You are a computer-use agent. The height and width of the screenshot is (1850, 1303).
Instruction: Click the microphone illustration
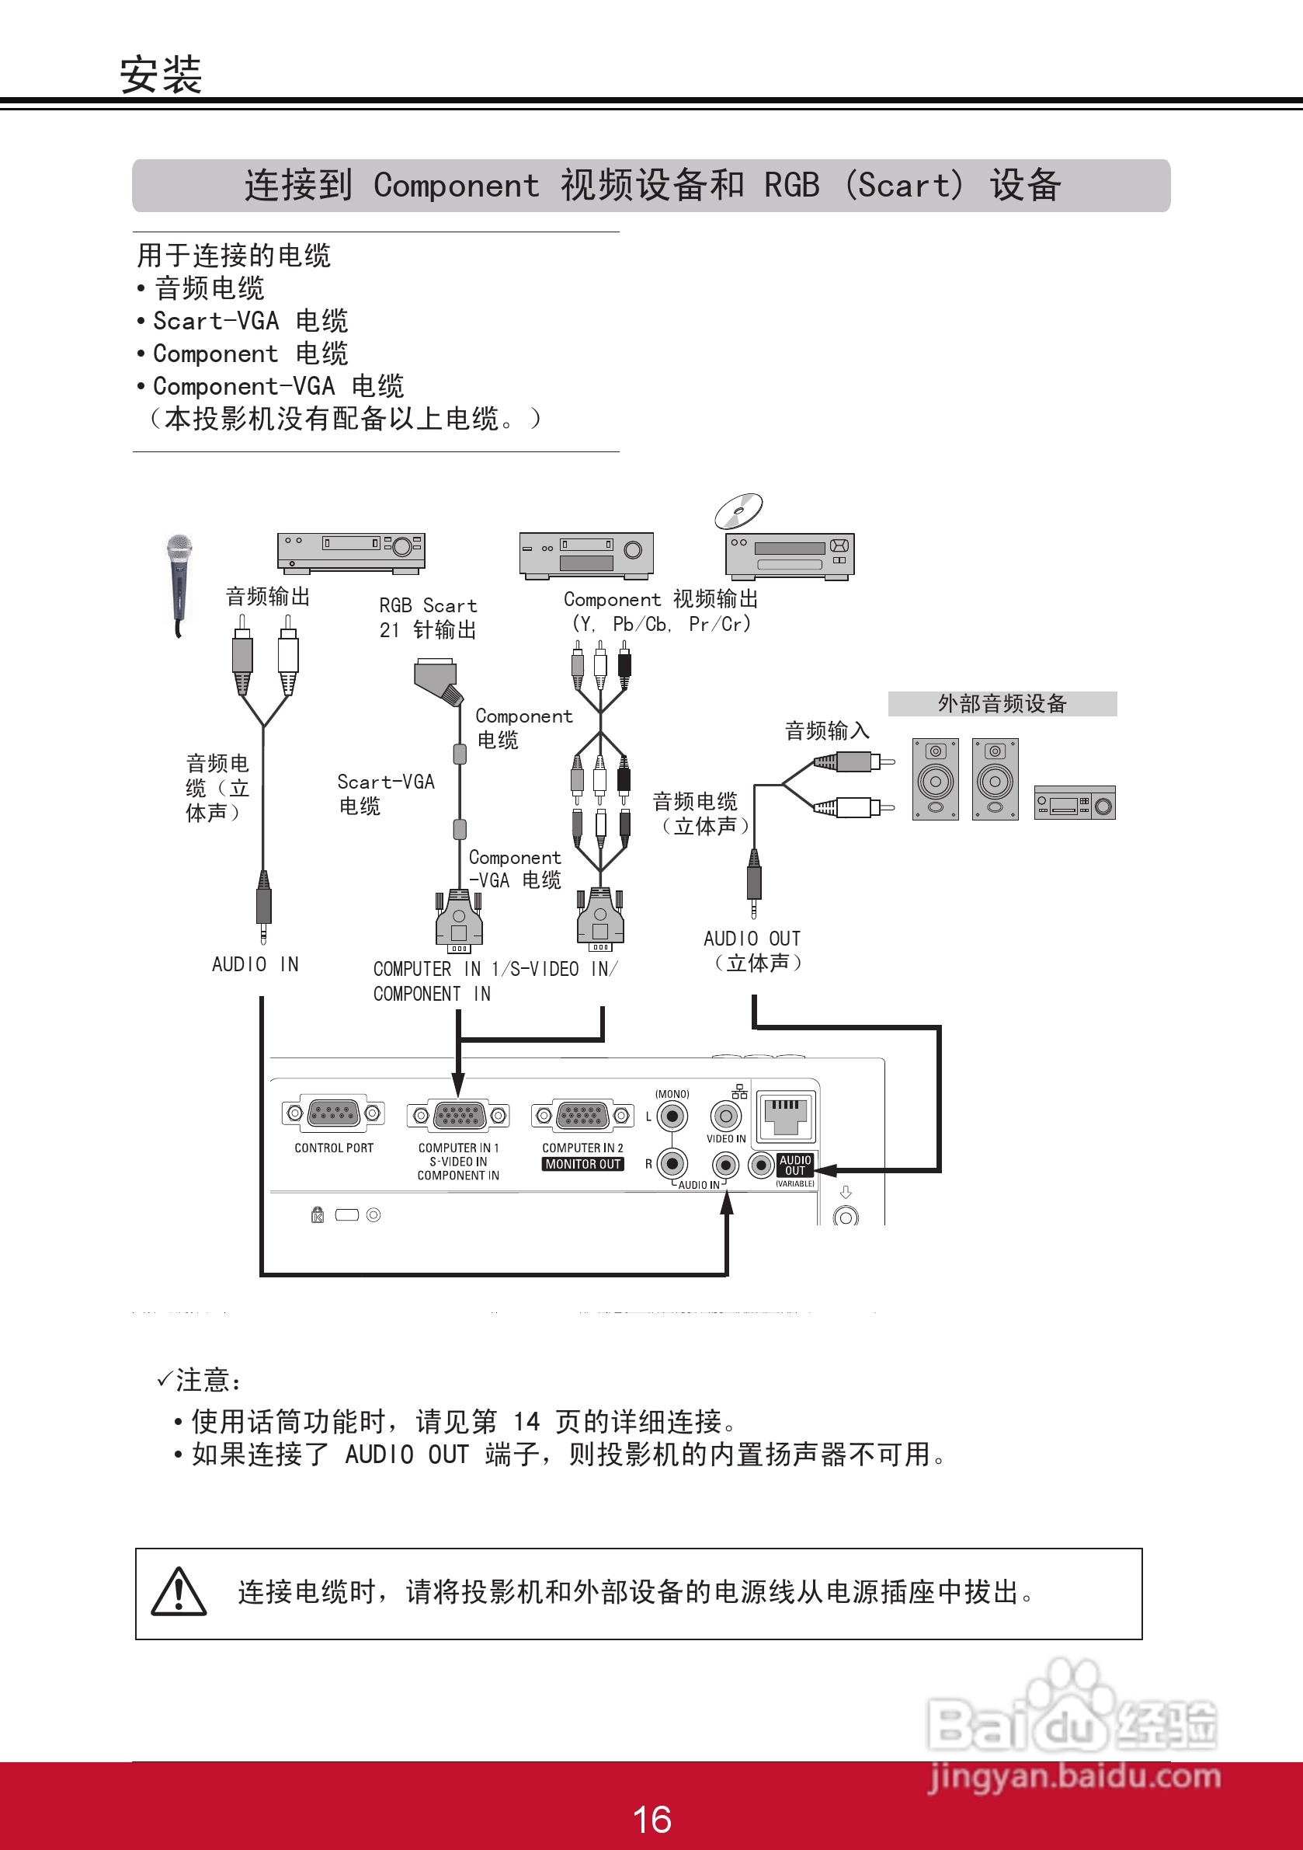tap(179, 580)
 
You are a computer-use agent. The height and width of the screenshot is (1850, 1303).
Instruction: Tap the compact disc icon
tap(739, 509)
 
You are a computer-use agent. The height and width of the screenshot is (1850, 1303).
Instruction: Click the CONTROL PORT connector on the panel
tap(333, 1113)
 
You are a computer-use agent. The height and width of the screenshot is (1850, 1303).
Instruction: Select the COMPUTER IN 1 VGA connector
tap(458, 1115)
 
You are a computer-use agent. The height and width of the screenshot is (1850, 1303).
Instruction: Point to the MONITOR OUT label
tap(583, 1164)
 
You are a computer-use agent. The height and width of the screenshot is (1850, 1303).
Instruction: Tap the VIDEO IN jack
tap(725, 1116)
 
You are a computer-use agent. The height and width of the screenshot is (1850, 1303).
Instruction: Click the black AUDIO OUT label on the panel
tap(795, 1165)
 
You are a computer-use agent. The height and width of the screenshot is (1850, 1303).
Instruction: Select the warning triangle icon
tap(179, 1592)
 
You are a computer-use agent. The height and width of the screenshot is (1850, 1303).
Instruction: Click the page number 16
tap(651, 1820)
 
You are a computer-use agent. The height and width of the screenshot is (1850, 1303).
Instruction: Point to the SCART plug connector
tap(437, 678)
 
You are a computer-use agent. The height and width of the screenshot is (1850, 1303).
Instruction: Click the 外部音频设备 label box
tap(1002, 703)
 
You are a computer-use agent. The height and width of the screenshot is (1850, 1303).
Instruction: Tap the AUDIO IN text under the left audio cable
tap(255, 964)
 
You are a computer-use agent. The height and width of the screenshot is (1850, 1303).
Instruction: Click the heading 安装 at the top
tap(160, 75)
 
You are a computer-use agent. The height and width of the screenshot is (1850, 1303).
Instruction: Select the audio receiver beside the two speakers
tap(1074, 803)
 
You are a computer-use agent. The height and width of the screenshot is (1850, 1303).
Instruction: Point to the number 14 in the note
tap(526, 1421)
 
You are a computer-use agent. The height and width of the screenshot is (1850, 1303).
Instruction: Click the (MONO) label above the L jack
tap(672, 1094)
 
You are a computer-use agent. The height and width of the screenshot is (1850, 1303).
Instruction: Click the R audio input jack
tap(672, 1163)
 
